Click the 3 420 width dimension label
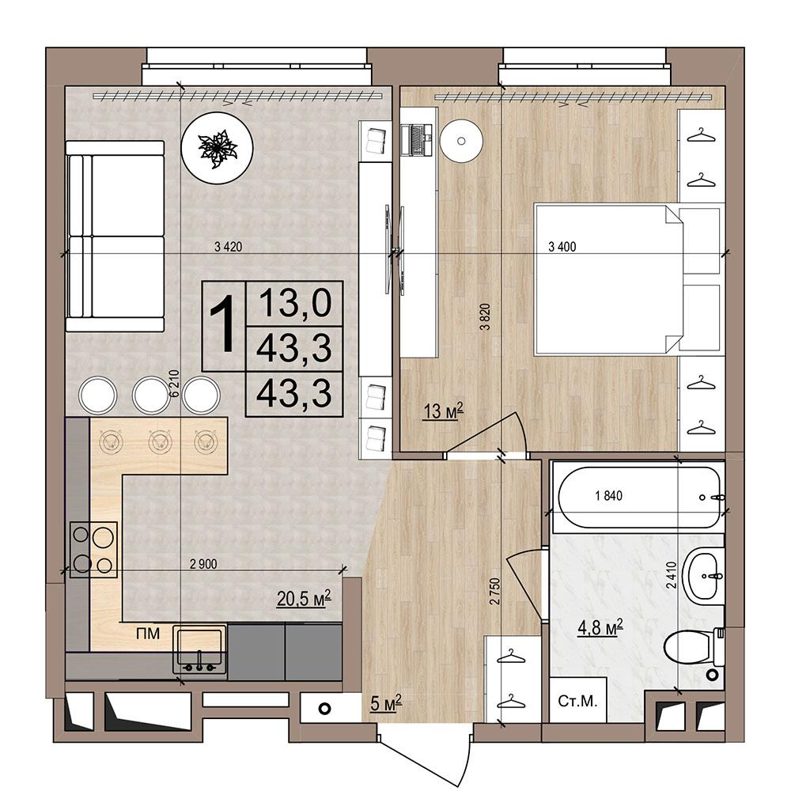(x=228, y=247)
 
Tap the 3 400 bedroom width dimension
(x=562, y=247)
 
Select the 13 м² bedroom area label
(x=444, y=411)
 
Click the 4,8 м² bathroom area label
(x=600, y=628)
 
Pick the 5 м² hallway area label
(x=386, y=702)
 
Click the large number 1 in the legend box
(x=222, y=324)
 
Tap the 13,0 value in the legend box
(x=294, y=303)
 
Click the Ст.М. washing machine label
(x=577, y=701)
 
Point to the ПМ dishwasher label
(x=148, y=634)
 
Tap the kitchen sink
(x=199, y=649)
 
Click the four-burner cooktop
(x=93, y=550)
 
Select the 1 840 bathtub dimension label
(x=609, y=496)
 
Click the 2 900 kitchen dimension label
(x=203, y=564)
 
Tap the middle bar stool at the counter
(x=151, y=395)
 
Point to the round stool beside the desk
(x=461, y=141)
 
